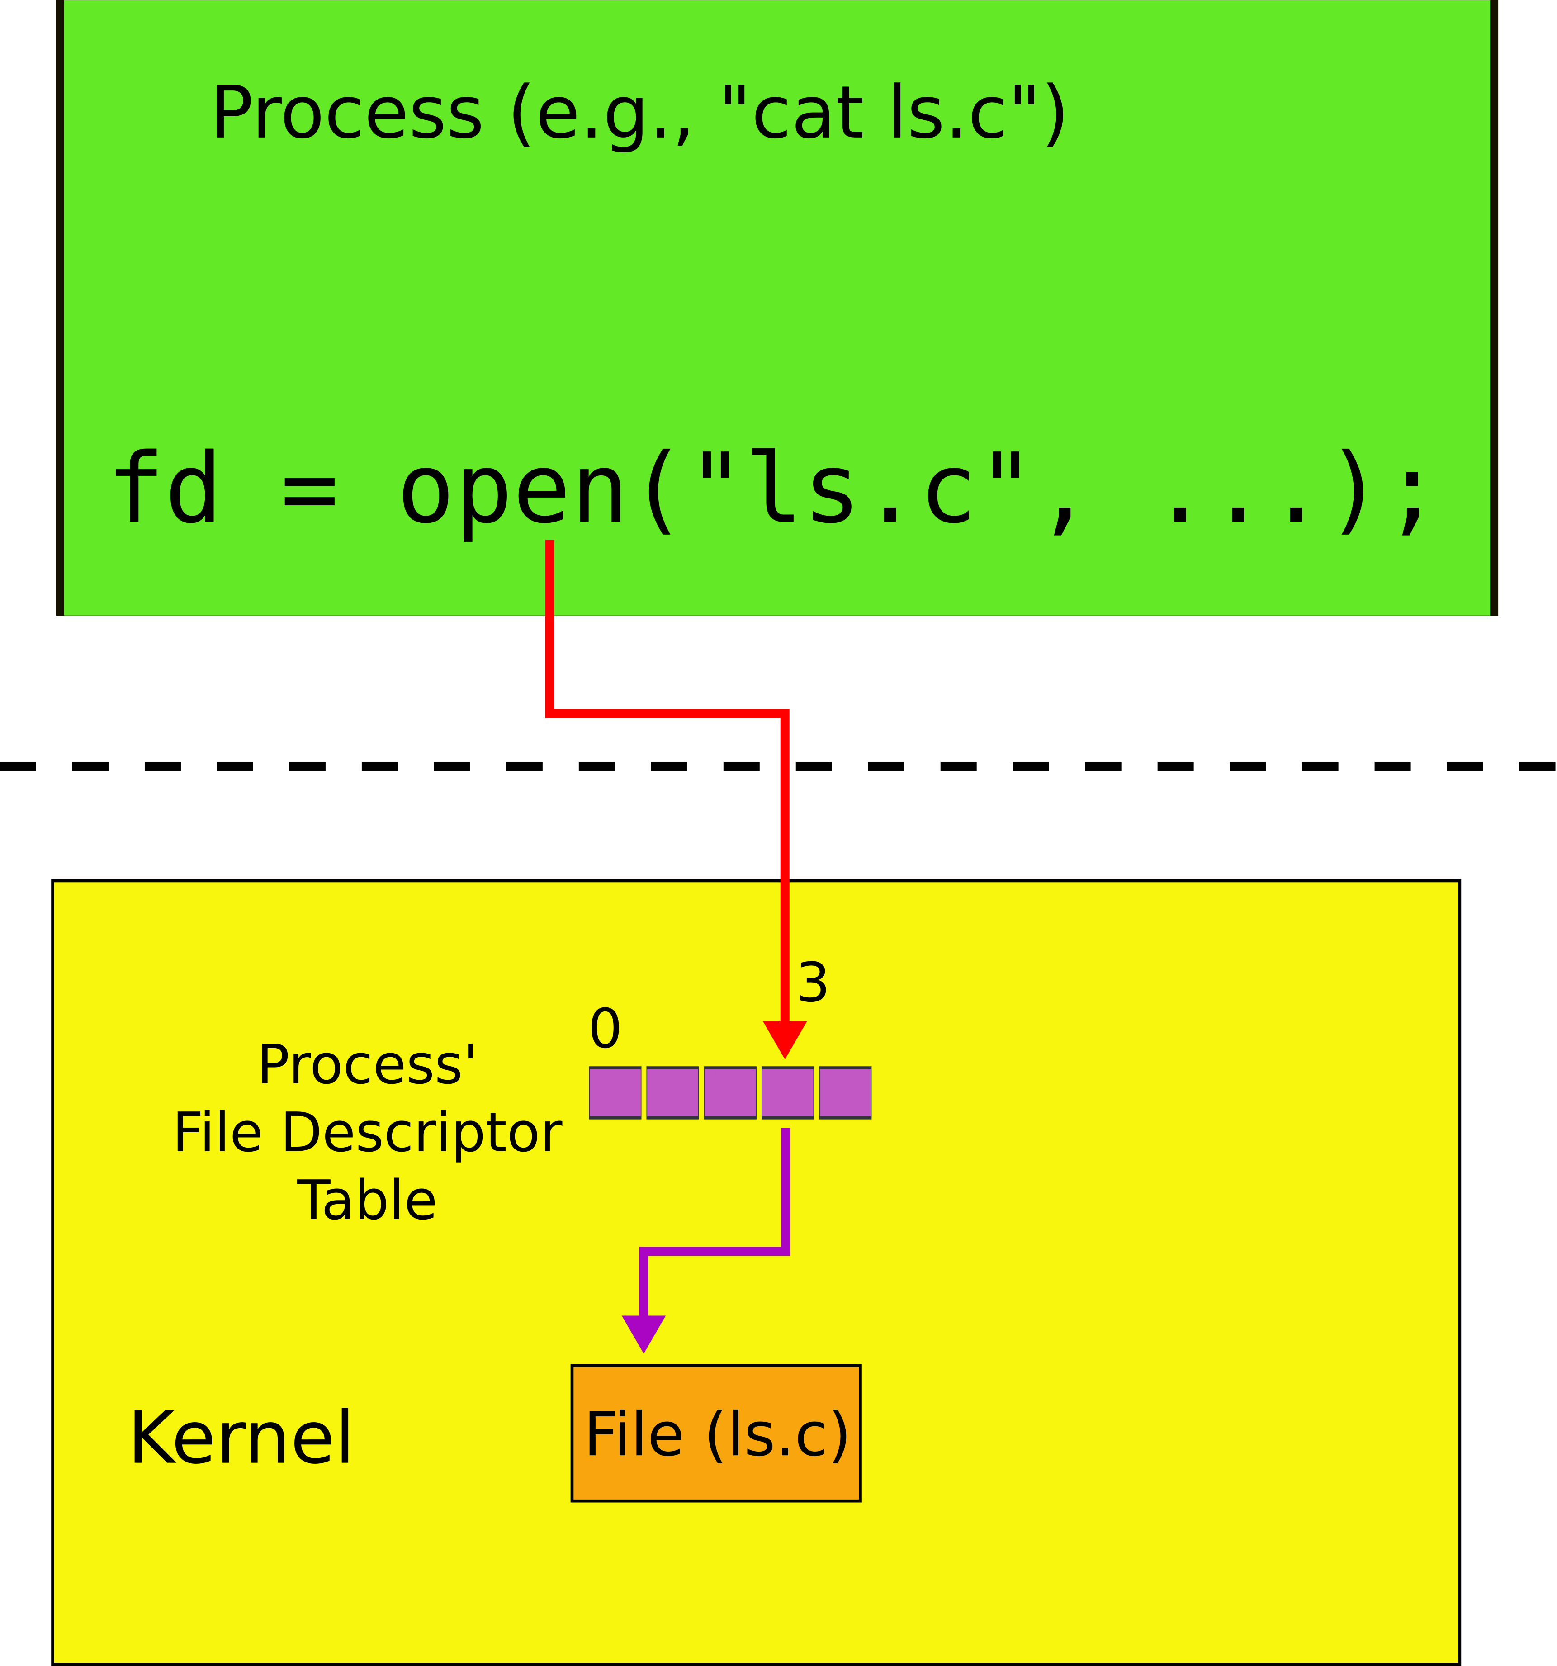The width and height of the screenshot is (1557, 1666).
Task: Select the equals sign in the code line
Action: pos(310,491)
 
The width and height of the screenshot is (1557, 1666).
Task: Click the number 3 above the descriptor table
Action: pos(812,983)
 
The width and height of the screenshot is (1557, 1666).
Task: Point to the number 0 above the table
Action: pos(604,1029)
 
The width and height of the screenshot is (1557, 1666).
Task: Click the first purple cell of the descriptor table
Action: pos(615,1092)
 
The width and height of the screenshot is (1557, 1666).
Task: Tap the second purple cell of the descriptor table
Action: pos(672,1092)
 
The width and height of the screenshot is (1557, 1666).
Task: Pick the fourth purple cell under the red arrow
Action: pos(787,1092)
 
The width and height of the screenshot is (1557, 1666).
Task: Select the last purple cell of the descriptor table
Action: pos(845,1092)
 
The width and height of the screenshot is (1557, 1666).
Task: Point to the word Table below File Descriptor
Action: pos(367,1200)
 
